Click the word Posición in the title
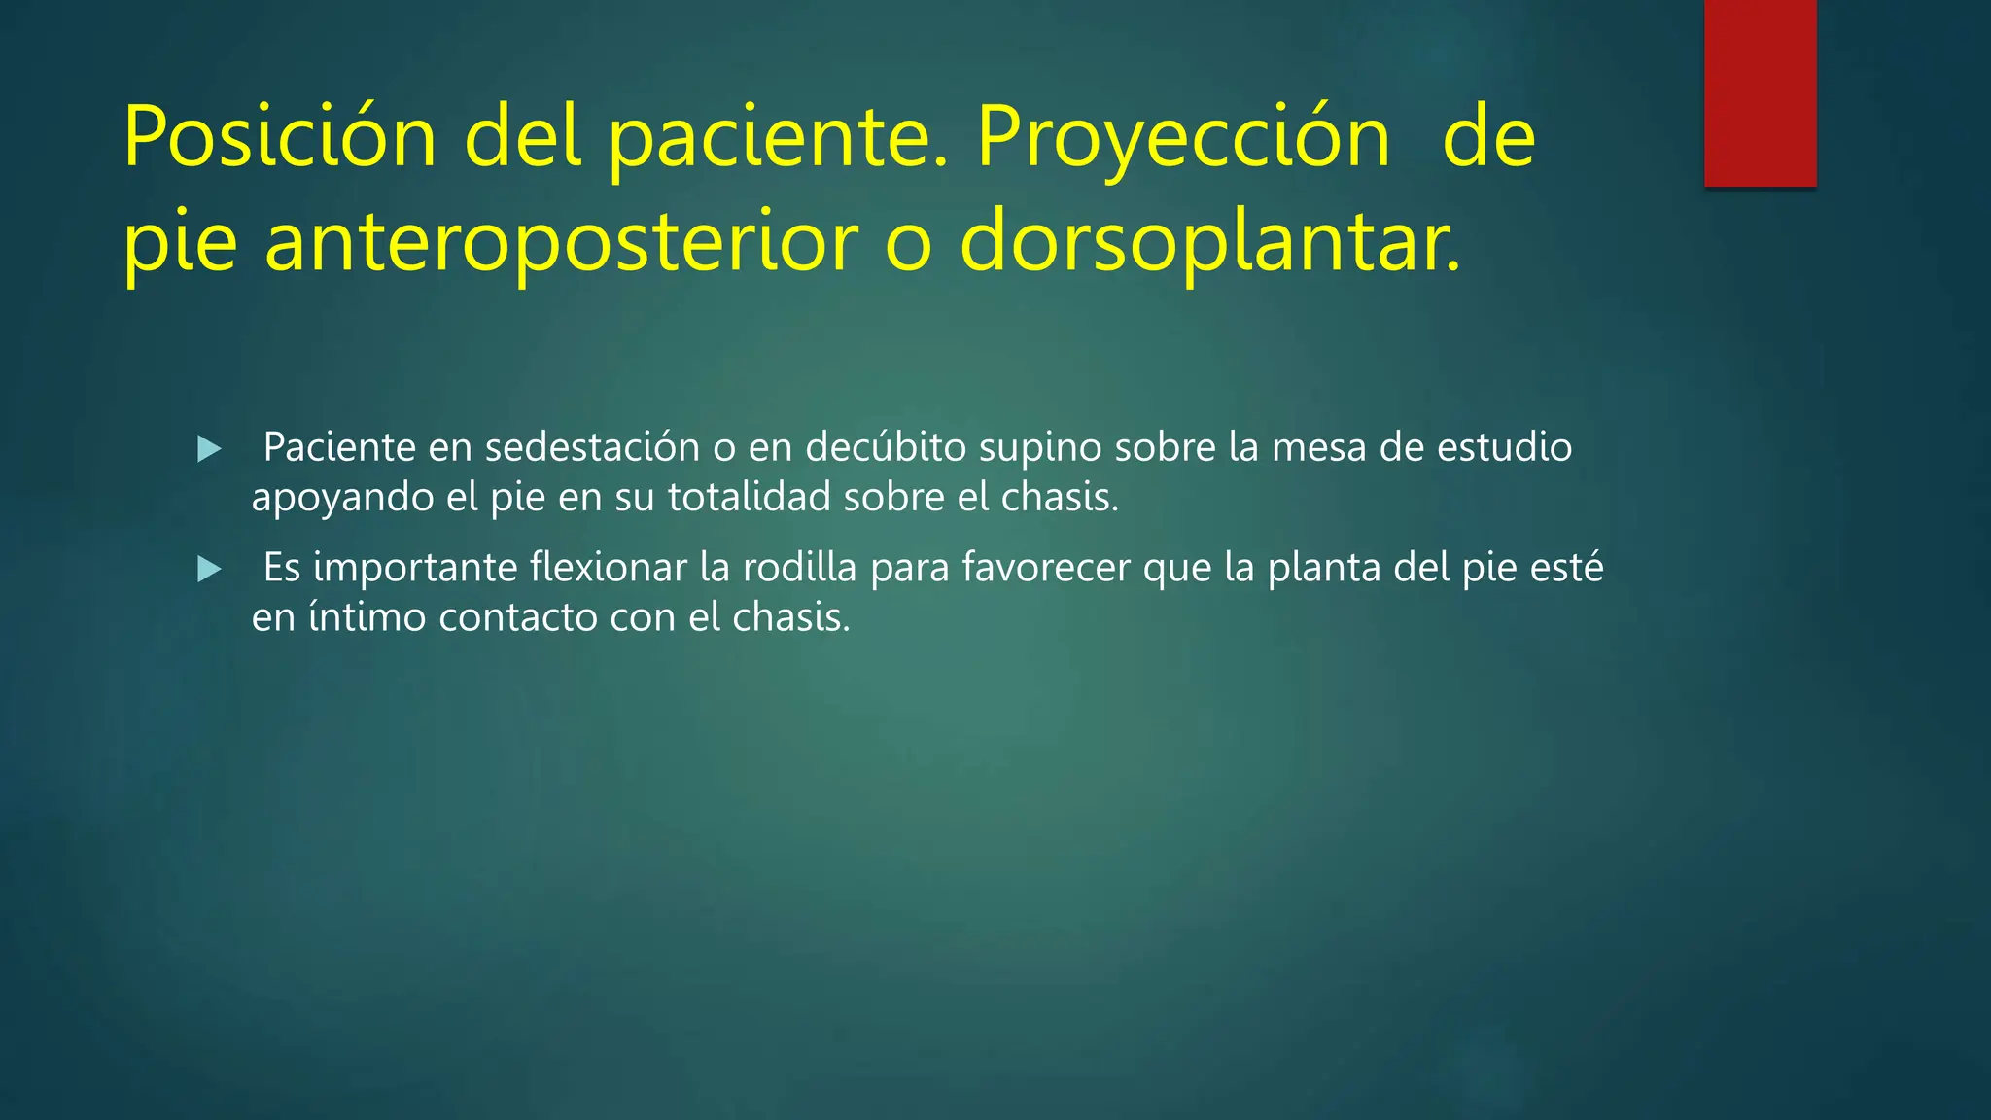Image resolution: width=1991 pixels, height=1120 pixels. tap(280, 138)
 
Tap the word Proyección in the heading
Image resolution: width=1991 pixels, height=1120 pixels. tap(1183, 138)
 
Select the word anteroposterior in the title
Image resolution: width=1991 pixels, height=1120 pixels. tap(562, 241)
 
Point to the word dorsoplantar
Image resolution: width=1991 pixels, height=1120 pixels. tap(1209, 241)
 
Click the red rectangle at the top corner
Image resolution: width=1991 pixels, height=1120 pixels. tap(1760, 92)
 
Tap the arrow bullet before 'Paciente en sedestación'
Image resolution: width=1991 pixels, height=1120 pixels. tap(209, 449)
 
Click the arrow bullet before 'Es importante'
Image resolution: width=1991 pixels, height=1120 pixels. tap(209, 569)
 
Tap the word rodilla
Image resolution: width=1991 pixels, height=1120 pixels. tap(799, 567)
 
